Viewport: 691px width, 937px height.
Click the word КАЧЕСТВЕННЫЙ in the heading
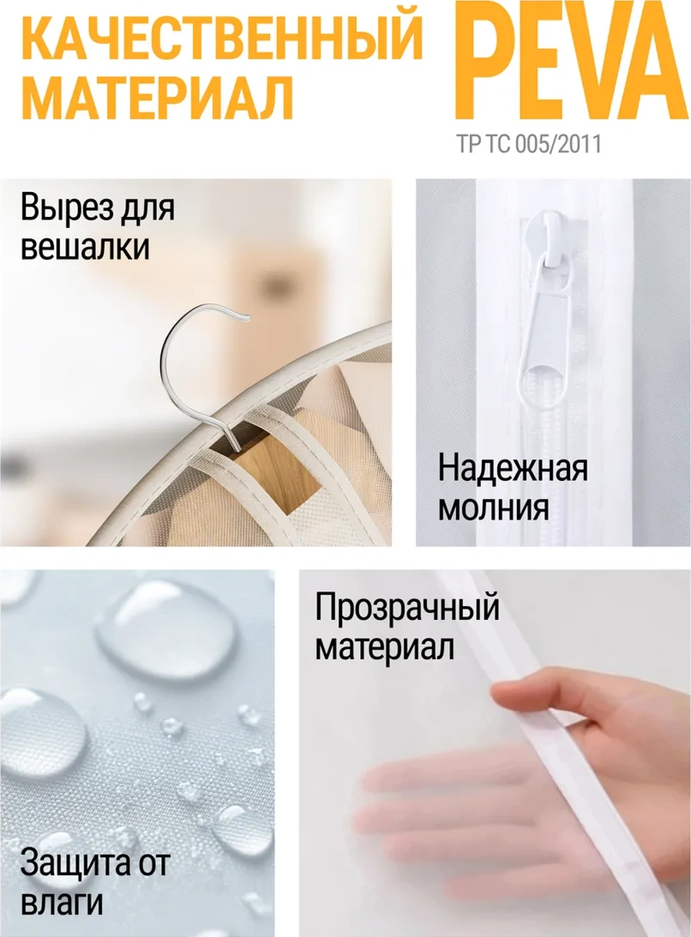226,37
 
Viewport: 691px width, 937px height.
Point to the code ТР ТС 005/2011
529,144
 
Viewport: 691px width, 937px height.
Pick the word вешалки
85,248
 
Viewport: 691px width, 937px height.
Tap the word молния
493,509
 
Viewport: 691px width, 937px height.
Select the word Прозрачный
408,608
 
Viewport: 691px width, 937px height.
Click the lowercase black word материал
384,648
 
